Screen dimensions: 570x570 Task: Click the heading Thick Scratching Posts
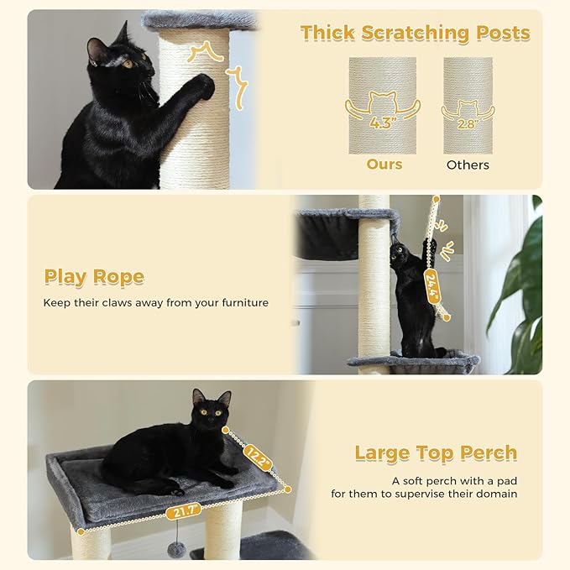click(415, 34)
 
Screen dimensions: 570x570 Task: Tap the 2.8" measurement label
click(468, 123)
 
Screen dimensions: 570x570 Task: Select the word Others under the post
click(468, 165)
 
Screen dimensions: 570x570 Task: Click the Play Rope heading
click(94, 277)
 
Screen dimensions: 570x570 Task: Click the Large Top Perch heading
click(436, 453)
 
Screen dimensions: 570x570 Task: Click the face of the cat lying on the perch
click(210, 412)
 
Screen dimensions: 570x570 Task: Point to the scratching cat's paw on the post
click(202, 85)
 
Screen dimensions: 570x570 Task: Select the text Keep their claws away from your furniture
click(156, 302)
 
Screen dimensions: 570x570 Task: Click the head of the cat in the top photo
click(122, 59)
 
